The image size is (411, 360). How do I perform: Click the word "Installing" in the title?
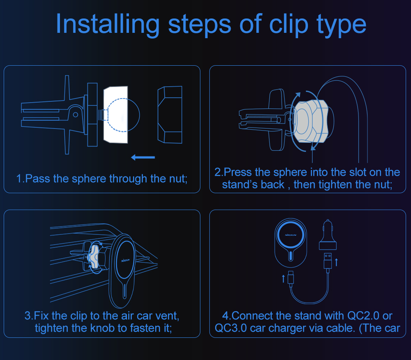(108, 24)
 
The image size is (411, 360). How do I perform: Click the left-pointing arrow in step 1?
(143, 157)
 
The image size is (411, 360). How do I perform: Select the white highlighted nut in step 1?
(116, 115)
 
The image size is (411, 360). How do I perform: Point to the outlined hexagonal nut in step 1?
(170, 115)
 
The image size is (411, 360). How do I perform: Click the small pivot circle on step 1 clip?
(76, 115)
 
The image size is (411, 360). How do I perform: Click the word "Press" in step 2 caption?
(238, 172)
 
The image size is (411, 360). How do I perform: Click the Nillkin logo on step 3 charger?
(126, 260)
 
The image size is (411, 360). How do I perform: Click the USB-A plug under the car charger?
(328, 261)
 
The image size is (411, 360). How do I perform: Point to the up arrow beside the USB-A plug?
(336, 262)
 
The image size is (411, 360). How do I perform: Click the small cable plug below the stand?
(291, 278)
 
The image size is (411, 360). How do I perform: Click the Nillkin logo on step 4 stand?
(290, 235)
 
